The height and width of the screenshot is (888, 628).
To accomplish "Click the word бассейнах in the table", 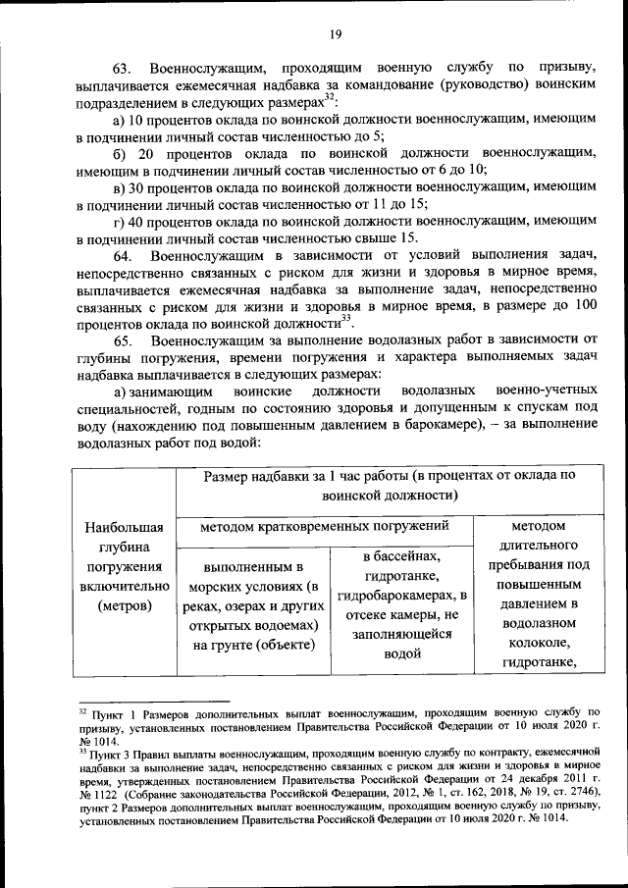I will point(401,556).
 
